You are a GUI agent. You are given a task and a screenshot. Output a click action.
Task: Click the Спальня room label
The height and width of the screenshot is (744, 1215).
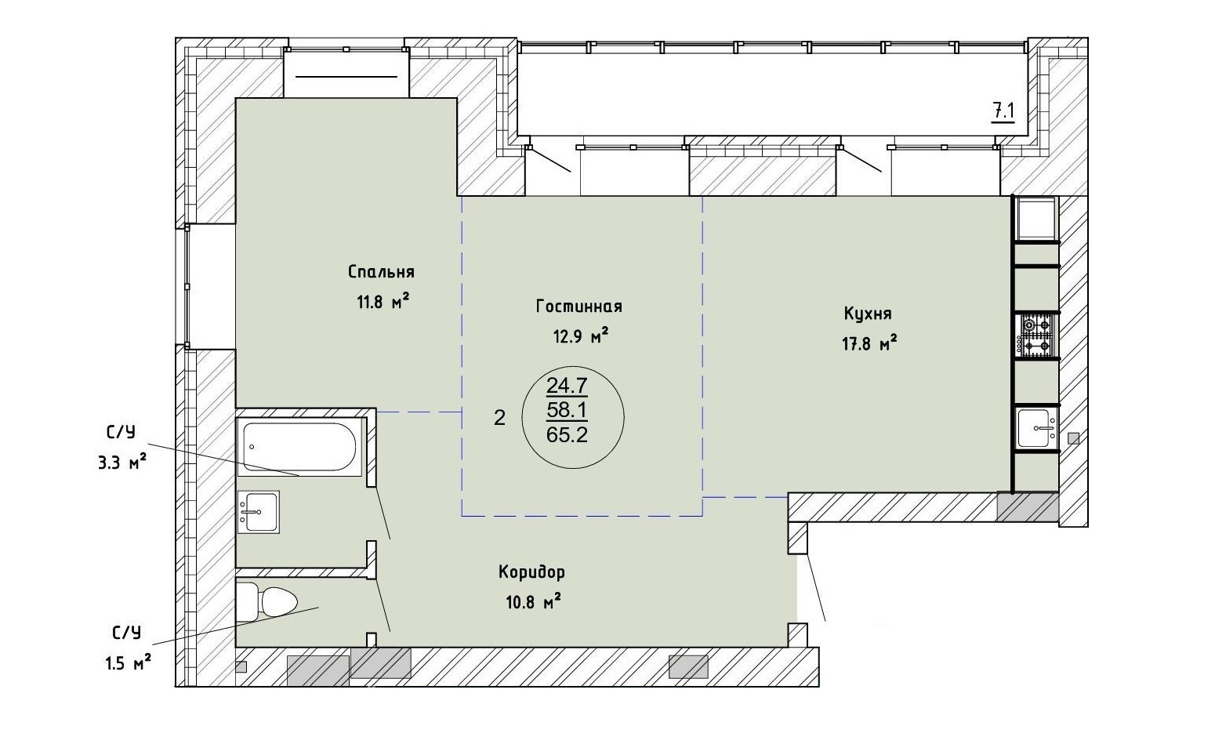coord(381,272)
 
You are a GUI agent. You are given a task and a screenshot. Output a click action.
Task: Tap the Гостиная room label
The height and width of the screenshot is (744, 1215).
coord(579,307)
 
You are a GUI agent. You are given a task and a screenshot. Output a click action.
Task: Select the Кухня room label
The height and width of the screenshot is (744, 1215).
coord(868,314)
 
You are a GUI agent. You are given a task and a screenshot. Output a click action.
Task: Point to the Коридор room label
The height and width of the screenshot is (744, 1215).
coord(531,572)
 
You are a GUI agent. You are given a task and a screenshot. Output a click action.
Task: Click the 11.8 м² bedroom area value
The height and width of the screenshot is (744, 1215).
coord(383,301)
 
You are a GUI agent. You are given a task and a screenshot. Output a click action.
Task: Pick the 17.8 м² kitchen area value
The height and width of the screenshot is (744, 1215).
coord(869,343)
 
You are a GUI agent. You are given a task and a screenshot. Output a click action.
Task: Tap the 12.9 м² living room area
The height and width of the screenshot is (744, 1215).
coord(580,336)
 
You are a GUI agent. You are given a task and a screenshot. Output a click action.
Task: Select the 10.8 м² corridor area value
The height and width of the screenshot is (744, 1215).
coord(533,601)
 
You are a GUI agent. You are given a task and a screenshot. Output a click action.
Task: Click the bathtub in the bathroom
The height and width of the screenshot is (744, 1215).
coord(299,447)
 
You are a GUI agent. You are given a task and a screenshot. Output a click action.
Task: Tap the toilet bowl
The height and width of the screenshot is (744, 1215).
coord(268,602)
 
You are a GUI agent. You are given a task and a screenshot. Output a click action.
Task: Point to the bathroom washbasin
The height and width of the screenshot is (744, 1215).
coord(259,512)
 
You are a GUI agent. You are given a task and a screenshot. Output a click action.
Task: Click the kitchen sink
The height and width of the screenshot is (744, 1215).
coord(1036,429)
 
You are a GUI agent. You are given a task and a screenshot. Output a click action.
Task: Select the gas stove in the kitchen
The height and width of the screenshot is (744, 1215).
coord(1036,336)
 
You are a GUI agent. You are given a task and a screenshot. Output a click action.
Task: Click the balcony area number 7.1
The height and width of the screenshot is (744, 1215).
coord(1003,112)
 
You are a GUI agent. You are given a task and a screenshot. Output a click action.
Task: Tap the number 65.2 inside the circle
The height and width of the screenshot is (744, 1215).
coord(567,434)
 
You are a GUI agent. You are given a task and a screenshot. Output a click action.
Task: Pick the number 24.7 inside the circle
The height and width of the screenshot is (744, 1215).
coord(567,386)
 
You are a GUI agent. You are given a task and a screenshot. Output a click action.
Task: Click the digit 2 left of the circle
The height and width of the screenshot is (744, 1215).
coord(499,417)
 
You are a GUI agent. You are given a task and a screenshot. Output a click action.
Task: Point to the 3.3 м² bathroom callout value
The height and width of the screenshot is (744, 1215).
coord(122,463)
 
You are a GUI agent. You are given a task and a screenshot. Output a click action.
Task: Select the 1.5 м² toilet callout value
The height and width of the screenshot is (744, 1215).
coord(128,662)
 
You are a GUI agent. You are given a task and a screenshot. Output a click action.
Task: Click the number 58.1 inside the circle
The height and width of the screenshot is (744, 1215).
coord(567,410)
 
